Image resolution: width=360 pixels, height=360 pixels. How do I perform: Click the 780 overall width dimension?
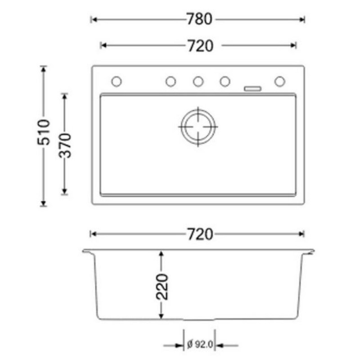click(x=198, y=19)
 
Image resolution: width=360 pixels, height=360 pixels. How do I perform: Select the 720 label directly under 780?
click(x=198, y=45)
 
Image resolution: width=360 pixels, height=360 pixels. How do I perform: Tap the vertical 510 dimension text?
click(x=44, y=132)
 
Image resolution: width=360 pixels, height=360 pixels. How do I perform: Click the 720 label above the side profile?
click(x=198, y=234)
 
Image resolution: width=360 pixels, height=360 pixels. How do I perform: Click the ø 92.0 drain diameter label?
click(x=198, y=346)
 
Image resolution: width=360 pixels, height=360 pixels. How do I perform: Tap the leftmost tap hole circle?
click(x=116, y=81)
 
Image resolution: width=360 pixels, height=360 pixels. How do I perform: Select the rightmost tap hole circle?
click(x=279, y=81)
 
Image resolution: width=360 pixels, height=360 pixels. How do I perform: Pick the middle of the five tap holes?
click(x=198, y=81)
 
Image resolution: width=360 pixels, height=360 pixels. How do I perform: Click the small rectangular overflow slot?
click(x=252, y=88)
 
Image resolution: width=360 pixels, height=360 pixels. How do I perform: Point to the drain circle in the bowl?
click(x=198, y=126)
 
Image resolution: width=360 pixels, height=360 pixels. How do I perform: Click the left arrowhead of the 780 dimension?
click(x=93, y=19)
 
